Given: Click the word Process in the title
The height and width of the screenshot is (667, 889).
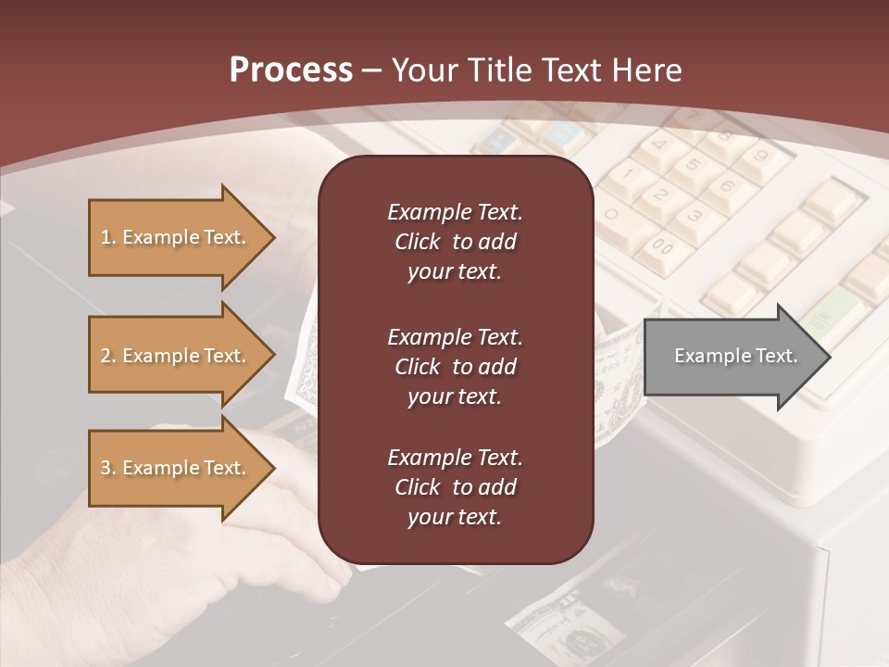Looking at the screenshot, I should (x=291, y=70).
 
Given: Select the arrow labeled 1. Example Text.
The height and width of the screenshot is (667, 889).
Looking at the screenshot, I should (x=181, y=237).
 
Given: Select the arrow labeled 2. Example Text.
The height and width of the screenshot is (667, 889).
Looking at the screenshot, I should (x=181, y=356).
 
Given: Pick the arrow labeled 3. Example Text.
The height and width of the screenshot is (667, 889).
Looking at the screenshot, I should (x=181, y=468).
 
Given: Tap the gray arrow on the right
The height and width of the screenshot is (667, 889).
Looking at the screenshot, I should (x=736, y=356).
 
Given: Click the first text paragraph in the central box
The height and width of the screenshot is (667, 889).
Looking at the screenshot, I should (x=455, y=242).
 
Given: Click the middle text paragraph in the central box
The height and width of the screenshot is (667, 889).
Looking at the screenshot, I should (x=455, y=367).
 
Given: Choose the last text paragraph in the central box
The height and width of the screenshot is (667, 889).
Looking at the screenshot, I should (x=455, y=487).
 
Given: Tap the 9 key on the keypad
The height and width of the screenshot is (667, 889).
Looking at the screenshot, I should (x=762, y=156).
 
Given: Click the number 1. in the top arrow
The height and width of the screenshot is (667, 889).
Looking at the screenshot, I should (x=108, y=237).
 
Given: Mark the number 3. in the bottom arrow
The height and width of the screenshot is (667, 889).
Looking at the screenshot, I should (x=108, y=468).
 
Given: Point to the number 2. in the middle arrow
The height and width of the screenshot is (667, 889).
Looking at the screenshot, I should (x=108, y=356).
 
